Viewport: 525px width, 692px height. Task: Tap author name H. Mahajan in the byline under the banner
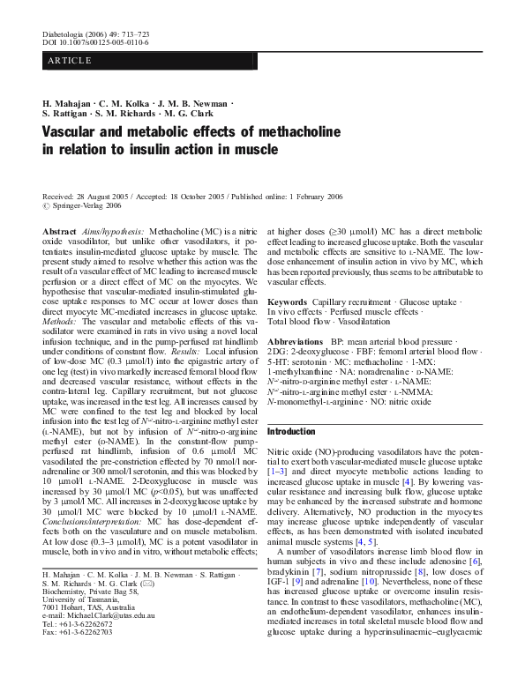pos(65,103)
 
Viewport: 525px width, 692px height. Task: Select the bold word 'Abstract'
pos(59,229)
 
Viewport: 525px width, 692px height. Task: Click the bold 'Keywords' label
pos(287,301)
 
